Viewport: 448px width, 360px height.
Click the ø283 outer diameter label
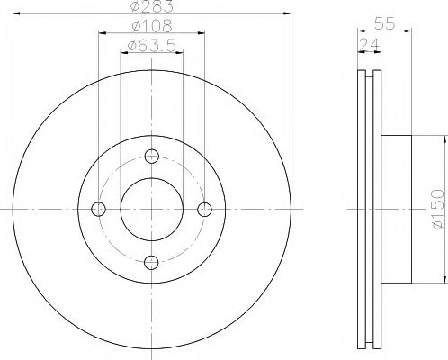(151, 8)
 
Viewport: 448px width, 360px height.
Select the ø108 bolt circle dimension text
(151, 27)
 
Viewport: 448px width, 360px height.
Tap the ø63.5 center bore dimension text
(151, 45)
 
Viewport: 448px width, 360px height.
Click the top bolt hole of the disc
(152, 155)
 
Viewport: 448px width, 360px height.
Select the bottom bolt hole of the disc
(152, 262)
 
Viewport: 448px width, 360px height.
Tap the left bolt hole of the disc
(99, 209)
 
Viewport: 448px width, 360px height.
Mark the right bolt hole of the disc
(205, 209)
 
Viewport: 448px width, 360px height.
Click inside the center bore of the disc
(152, 209)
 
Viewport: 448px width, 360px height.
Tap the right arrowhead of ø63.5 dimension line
(181, 52)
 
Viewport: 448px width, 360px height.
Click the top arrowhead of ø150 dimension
(444, 138)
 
